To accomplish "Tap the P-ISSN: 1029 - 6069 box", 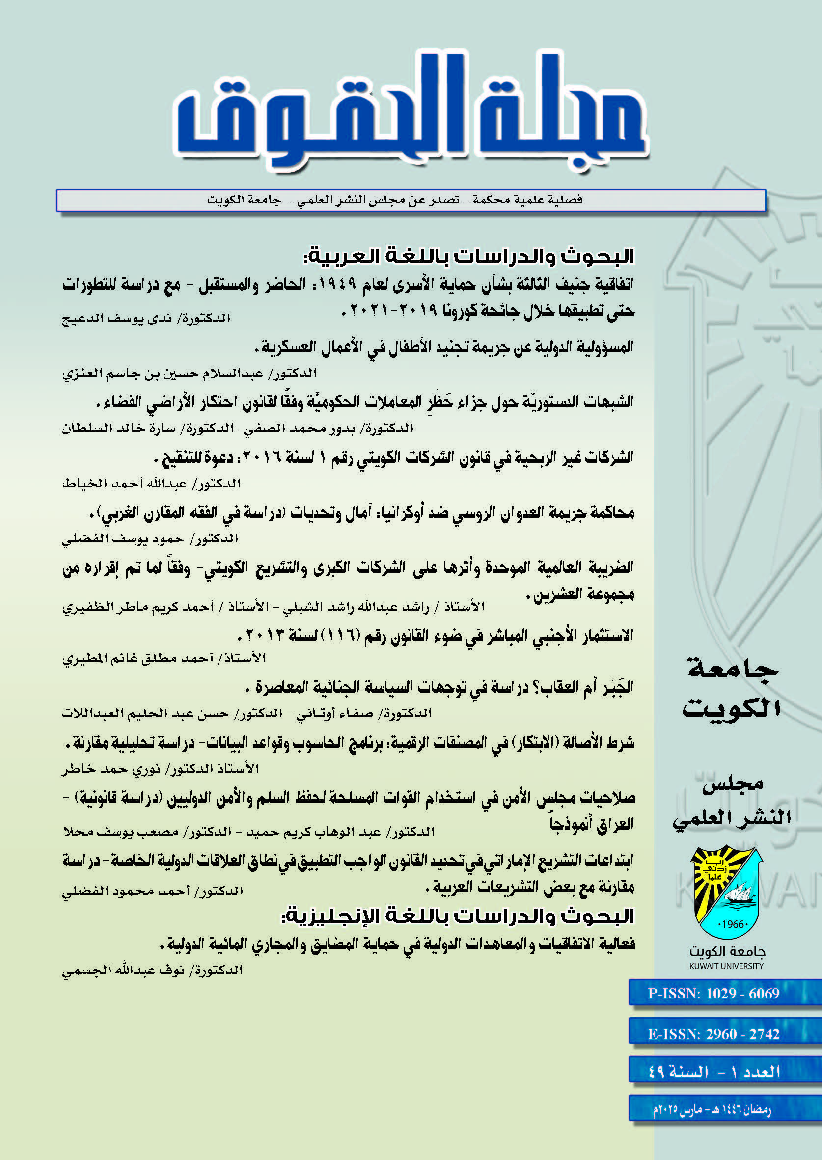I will coord(713,993).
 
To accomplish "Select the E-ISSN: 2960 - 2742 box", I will coord(713,1034).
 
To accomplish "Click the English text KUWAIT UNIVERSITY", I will coord(726,966).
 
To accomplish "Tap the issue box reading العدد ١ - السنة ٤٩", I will coord(713,1072).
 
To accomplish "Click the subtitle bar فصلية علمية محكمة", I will coord(411,200).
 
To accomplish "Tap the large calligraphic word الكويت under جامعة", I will coord(731,708).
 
